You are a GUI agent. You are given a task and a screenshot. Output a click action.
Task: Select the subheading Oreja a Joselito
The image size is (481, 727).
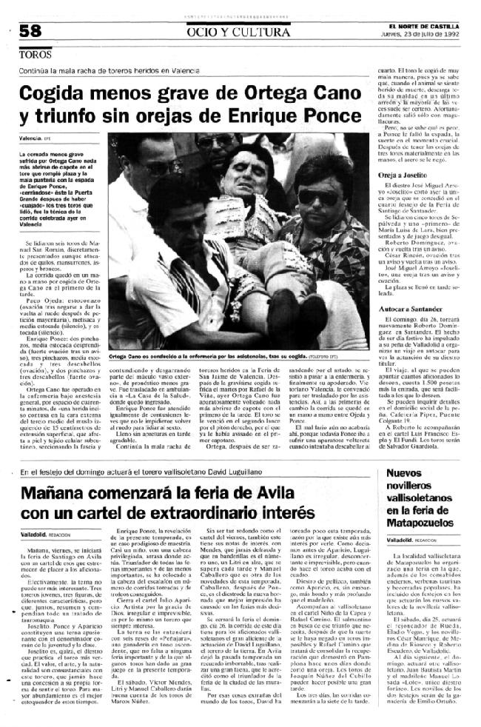pos(394,174)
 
